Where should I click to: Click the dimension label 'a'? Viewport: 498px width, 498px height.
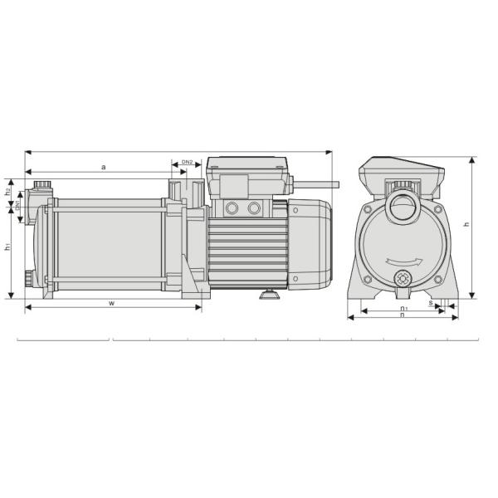point(104,167)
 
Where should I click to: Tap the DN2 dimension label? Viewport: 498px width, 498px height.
point(187,163)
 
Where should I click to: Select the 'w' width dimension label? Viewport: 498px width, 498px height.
point(111,302)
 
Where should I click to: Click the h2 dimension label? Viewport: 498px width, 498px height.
point(7,192)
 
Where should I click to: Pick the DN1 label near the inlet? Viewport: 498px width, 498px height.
point(17,204)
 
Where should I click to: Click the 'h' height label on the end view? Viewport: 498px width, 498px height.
point(466,224)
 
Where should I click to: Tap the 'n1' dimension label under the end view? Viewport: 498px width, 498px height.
point(403,308)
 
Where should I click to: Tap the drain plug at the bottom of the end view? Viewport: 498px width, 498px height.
point(403,278)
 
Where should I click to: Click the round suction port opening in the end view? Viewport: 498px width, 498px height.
point(403,207)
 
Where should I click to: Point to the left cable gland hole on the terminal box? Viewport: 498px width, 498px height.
point(232,207)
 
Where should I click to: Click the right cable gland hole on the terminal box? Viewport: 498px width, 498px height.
point(255,207)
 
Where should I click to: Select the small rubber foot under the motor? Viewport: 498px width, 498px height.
point(268,294)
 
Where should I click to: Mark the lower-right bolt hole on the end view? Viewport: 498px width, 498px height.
point(437,278)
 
